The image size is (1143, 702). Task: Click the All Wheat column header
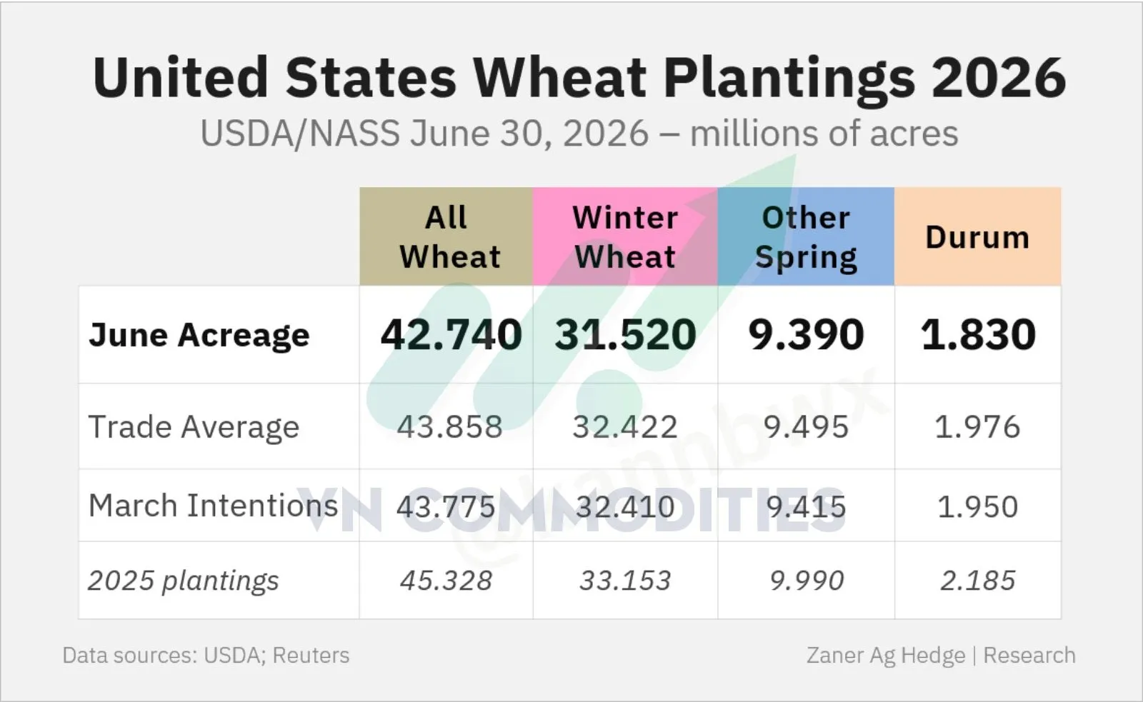(449, 236)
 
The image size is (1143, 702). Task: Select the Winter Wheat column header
(625, 236)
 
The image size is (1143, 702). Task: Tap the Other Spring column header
(806, 238)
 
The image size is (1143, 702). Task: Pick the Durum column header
(977, 237)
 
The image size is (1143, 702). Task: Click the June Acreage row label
(199, 335)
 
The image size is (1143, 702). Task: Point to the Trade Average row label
(194, 426)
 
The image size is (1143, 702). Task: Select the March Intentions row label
(214, 506)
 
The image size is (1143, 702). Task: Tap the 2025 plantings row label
(184, 581)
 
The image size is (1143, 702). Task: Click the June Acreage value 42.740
(451, 335)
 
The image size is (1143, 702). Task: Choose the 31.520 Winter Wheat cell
(626, 335)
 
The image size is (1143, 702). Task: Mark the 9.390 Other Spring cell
(807, 335)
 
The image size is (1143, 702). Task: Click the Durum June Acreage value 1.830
(978, 335)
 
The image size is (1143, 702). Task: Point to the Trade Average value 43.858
(449, 426)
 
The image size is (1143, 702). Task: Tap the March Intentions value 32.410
(625, 506)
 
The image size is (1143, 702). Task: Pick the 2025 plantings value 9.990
(807, 581)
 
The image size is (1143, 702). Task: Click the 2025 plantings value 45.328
(446, 581)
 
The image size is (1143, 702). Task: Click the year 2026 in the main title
(999, 78)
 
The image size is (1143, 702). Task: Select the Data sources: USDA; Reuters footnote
(206, 655)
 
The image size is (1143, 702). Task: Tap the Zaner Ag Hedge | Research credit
(941, 656)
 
